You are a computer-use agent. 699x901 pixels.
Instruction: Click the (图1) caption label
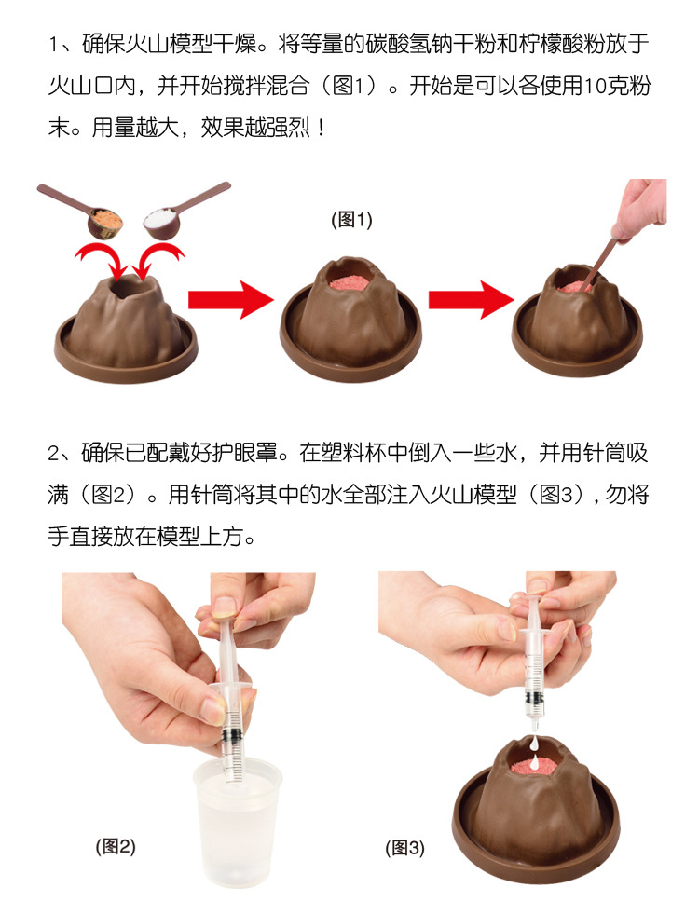(351, 220)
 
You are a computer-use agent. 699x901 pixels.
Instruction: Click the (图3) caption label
(404, 848)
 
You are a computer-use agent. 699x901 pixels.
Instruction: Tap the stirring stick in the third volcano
(606, 256)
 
